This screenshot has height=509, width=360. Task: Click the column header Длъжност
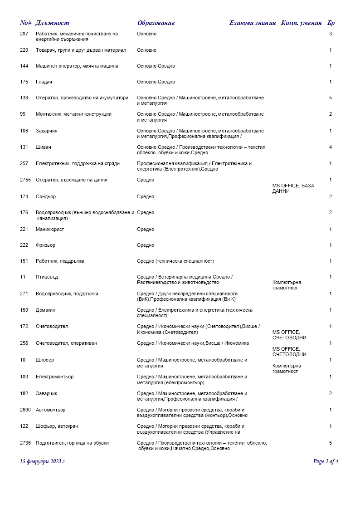[x=52, y=23]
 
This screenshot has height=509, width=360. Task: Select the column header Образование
[x=156, y=23]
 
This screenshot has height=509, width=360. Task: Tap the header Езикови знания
[x=252, y=23]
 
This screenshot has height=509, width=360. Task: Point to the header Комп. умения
[x=301, y=23]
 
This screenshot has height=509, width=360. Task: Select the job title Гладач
[x=44, y=82]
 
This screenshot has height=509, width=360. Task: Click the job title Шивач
[x=43, y=147]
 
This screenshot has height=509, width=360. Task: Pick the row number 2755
[x=25, y=180]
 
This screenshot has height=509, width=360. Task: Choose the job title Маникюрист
[x=50, y=229]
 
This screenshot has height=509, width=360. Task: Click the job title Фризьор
[x=45, y=245]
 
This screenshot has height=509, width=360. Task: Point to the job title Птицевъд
[x=47, y=277]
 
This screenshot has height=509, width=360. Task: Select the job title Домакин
[x=46, y=310]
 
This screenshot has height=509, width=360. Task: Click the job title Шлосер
[x=45, y=360]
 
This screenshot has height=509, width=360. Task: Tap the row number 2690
[x=25, y=410]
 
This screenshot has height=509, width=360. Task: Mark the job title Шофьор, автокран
[x=57, y=426]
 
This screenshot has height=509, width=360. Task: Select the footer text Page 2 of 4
[x=326, y=462]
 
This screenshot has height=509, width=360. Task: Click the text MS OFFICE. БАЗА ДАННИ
[x=293, y=189]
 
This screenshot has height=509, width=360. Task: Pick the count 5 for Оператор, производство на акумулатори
[x=331, y=98]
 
